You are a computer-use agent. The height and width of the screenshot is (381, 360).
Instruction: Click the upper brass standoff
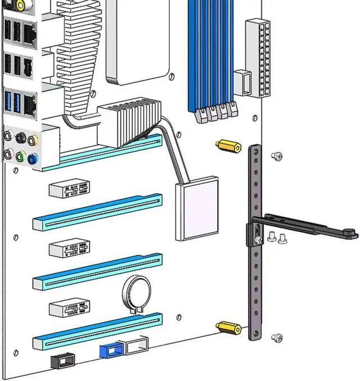click(228, 146)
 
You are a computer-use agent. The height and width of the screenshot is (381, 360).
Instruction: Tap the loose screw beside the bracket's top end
click(276, 156)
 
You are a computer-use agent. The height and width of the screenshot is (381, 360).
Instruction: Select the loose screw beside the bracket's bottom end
click(276, 338)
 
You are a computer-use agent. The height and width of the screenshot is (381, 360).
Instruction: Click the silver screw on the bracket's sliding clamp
click(258, 240)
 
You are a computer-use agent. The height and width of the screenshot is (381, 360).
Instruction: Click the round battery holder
click(137, 294)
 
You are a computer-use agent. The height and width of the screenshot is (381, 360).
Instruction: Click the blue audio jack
click(34, 159)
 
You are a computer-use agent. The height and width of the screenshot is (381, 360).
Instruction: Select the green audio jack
click(21, 156)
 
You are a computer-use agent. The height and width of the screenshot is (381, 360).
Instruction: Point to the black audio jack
click(21, 137)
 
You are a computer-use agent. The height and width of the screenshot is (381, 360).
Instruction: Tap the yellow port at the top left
click(20, 6)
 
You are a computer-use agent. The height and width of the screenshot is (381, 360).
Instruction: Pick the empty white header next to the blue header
click(137, 344)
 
